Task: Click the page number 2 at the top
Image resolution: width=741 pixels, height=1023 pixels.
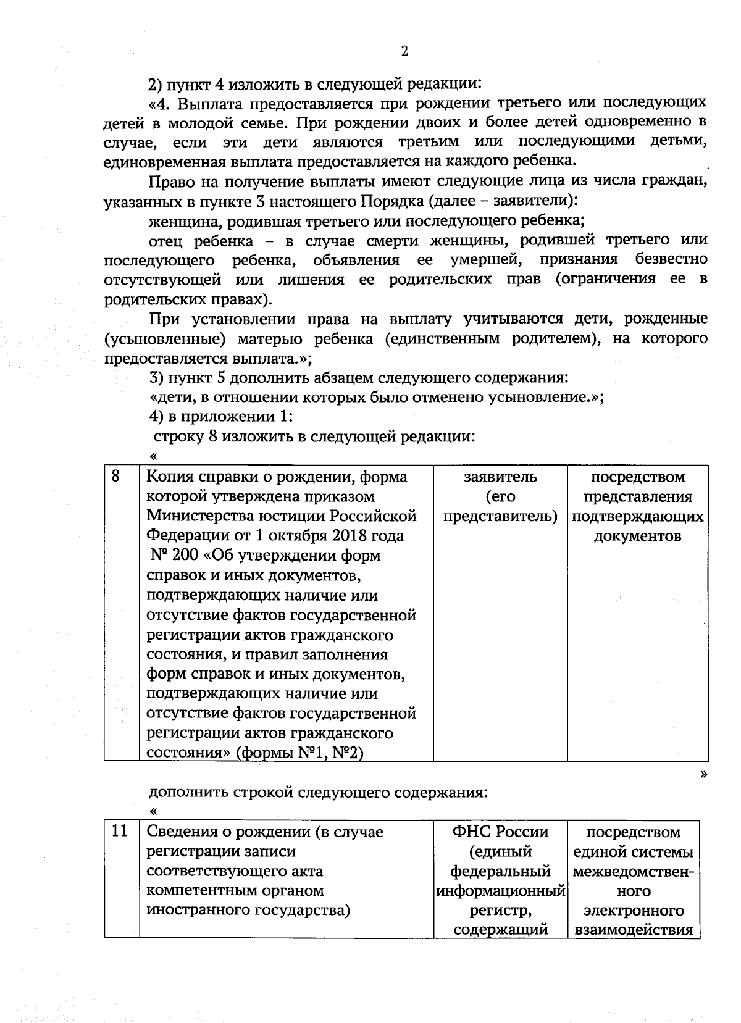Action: click(x=404, y=51)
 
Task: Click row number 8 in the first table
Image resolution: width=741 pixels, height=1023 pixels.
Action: click(x=115, y=476)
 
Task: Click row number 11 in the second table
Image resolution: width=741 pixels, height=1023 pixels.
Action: click(x=119, y=831)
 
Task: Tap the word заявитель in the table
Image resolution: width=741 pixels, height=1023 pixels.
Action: click(x=500, y=477)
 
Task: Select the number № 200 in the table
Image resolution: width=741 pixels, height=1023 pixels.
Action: click(x=175, y=556)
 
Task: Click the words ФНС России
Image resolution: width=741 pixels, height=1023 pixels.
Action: click(x=500, y=832)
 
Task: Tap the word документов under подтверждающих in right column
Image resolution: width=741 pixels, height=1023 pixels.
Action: click(x=637, y=536)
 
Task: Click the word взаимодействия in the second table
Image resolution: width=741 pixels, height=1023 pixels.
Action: click(x=634, y=930)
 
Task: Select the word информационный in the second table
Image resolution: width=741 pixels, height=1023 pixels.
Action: click(x=500, y=891)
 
